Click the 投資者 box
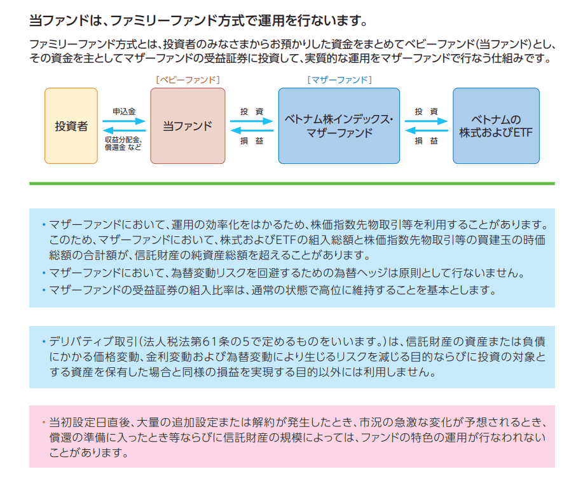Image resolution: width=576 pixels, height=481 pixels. [71, 126]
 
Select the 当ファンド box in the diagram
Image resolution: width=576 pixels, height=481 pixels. [188, 126]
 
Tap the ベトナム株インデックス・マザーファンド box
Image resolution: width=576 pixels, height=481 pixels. [339, 126]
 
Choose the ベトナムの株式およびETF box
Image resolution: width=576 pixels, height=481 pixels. [496, 126]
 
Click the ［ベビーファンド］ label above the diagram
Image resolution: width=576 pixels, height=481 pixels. [188, 80]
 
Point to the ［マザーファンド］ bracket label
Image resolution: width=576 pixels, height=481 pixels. [339, 80]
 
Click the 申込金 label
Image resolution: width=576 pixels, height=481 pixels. [124, 111]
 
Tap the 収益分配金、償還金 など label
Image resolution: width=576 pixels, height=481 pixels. [123, 143]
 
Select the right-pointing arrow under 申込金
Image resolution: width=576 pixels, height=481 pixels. [124, 121]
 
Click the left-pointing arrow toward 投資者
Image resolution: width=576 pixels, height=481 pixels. [124, 132]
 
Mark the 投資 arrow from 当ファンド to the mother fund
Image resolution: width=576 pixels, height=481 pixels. [252, 121]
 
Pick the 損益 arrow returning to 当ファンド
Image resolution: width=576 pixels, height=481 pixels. [252, 132]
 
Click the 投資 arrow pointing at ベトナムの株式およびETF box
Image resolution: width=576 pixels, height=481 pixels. [427, 121]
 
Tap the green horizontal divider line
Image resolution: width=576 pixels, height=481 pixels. [292, 184]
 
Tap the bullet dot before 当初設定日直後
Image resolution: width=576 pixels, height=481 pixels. [44, 422]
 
